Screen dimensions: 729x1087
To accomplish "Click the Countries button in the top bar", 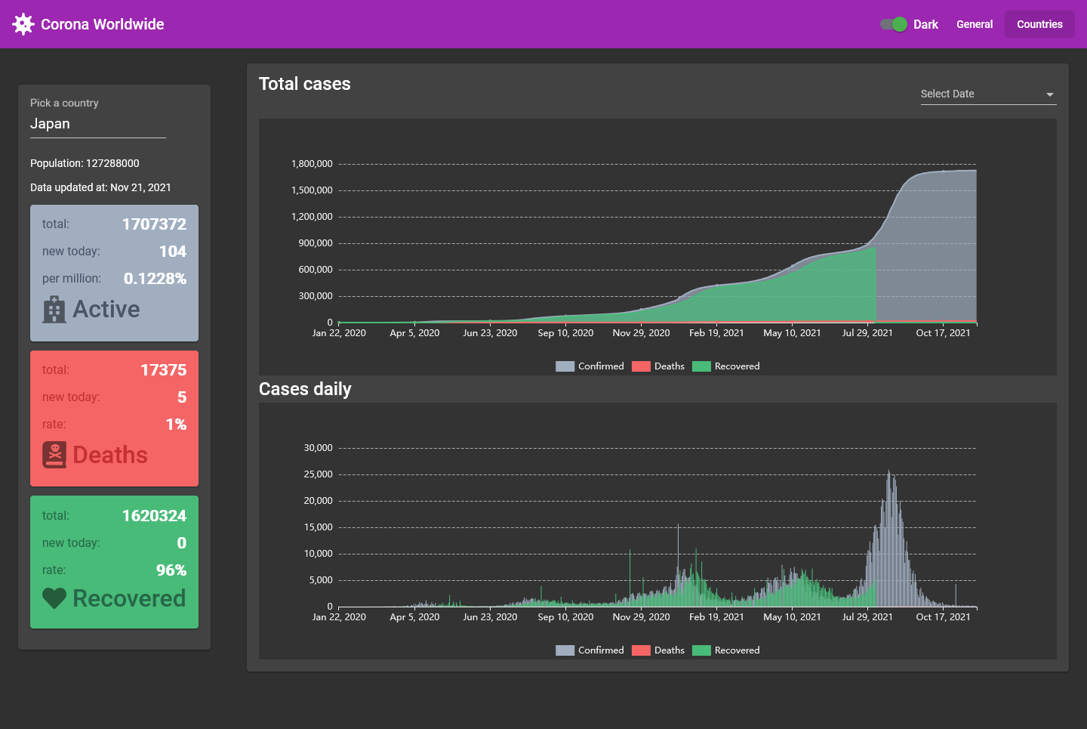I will [1039, 24].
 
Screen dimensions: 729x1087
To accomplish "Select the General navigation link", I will [974, 24].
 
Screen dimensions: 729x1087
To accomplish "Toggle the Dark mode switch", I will [894, 24].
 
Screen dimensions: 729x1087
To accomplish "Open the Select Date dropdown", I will [987, 94].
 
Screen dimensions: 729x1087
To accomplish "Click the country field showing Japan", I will [97, 124].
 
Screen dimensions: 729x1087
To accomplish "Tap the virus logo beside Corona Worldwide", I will [23, 24].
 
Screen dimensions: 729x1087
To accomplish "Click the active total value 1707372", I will [154, 224].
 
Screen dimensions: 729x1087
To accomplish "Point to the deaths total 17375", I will [163, 370].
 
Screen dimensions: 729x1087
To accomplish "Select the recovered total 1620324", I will [154, 516].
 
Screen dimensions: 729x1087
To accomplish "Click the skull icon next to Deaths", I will [54, 455].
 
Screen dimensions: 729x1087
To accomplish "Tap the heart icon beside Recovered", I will [54, 598].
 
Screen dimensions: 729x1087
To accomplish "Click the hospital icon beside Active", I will [54, 310].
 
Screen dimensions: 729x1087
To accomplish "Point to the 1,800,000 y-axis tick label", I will [312, 164].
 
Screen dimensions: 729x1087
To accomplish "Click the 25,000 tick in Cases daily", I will [318, 474].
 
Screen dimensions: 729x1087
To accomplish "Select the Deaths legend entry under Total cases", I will [658, 366].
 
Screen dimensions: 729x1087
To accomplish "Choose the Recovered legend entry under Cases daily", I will [726, 650].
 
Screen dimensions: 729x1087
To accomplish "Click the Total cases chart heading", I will [305, 84].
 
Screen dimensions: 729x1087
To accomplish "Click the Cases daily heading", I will [305, 389].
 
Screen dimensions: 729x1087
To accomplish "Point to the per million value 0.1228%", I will [155, 279].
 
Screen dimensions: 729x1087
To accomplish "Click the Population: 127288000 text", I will [85, 163].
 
